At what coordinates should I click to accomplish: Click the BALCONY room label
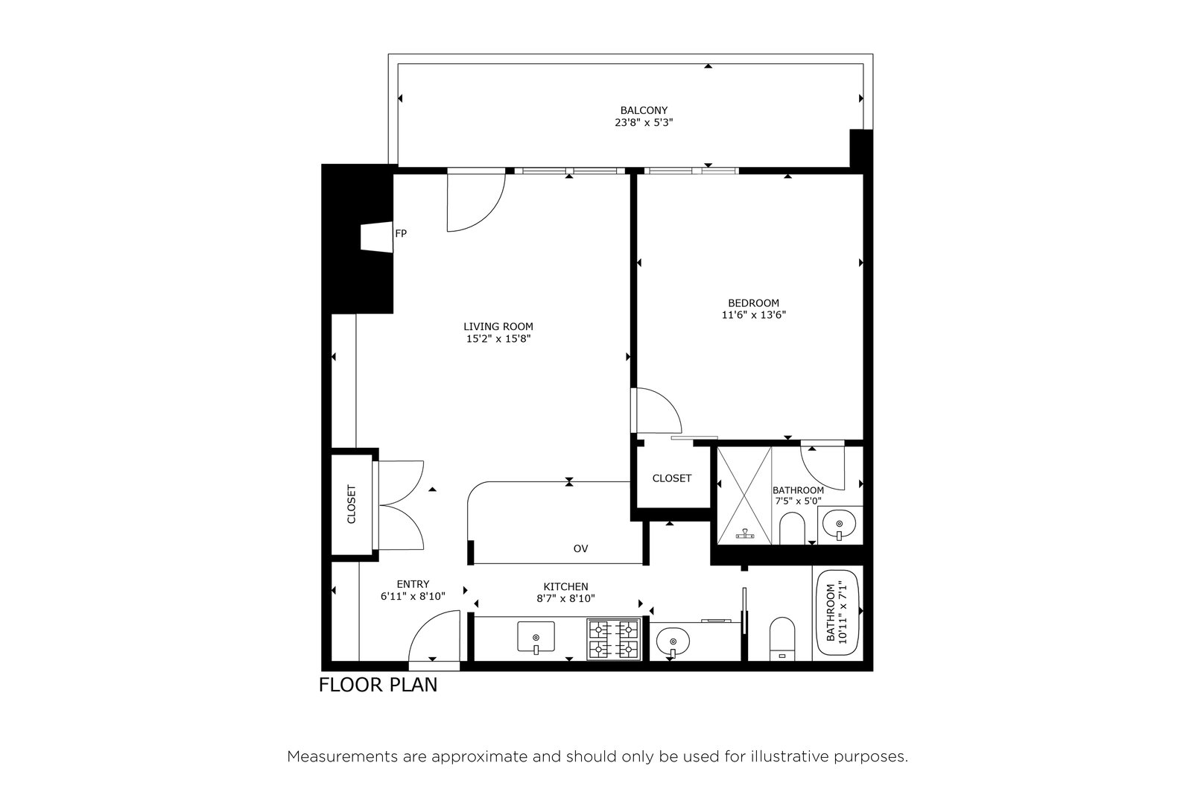644,111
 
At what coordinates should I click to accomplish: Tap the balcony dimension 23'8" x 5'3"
644,123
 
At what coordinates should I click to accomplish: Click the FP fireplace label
401,233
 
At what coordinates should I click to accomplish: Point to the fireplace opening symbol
377,238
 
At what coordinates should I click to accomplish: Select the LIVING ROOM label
498,327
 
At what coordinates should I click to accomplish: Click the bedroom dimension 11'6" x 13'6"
753,315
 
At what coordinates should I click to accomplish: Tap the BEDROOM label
753,303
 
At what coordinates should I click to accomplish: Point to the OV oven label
580,548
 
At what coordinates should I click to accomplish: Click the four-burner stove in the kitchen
614,639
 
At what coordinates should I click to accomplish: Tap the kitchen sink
536,637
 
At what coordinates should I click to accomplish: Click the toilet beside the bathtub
782,639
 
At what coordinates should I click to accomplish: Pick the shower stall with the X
744,495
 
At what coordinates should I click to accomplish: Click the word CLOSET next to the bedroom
671,478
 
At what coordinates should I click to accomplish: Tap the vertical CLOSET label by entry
351,504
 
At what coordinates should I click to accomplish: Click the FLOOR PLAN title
378,685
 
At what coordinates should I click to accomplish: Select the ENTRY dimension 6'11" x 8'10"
413,597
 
